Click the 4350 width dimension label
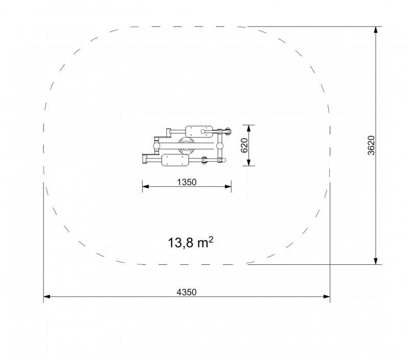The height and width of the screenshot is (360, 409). click(187, 292)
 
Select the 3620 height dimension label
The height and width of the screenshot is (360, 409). click(371, 145)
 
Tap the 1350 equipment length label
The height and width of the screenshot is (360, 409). click(187, 182)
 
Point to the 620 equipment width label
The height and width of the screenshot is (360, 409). click(244, 146)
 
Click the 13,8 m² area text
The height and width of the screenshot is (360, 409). click(191, 242)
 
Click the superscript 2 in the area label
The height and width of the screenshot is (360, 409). click(211, 239)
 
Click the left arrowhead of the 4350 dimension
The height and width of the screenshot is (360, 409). click(47, 297)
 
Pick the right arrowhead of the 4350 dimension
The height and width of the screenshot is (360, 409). click(327, 297)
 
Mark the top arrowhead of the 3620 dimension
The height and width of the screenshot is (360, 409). click(376, 30)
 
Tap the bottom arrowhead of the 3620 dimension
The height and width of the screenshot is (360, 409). click(376, 261)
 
